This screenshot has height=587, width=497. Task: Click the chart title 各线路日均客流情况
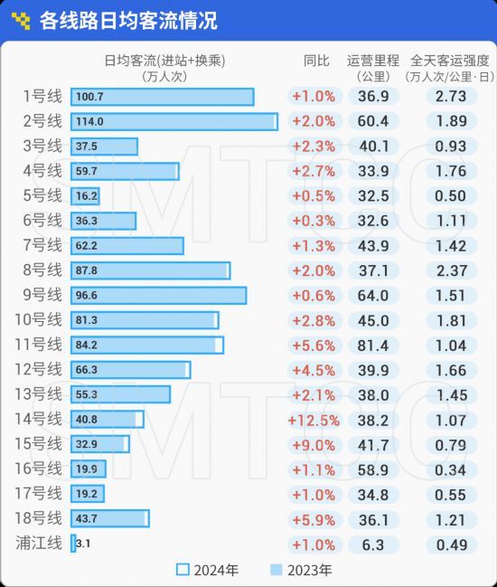(x=128, y=21)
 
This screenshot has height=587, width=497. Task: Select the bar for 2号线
(x=174, y=122)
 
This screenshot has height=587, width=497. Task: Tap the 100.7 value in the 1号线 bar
(x=89, y=97)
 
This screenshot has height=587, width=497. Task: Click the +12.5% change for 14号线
(x=314, y=421)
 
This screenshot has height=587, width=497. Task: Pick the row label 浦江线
(x=39, y=544)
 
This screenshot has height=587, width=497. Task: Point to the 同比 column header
(x=316, y=61)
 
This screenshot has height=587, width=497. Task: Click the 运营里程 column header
(x=373, y=61)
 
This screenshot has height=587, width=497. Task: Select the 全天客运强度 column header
(x=449, y=61)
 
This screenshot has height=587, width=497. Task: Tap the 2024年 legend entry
(x=207, y=570)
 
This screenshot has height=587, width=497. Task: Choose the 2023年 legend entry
(x=301, y=570)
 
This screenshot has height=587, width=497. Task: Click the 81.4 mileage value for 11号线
(x=373, y=346)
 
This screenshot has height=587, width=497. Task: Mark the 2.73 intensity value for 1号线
(x=451, y=97)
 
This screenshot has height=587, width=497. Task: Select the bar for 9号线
(x=158, y=296)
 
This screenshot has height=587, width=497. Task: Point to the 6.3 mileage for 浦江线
(x=373, y=545)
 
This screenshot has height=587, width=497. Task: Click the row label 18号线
(x=38, y=518)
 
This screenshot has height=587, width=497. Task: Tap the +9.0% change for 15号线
(x=314, y=446)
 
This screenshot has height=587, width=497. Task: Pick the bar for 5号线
(x=85, y=196)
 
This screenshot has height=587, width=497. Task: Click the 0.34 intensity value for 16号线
(x=451, y=470)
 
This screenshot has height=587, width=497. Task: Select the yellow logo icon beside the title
(x=21, y=21)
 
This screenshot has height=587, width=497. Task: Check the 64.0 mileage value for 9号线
(x=373, y=296)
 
